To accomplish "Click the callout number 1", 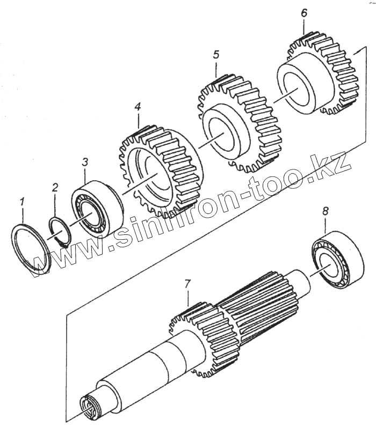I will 22,202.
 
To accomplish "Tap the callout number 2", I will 55,187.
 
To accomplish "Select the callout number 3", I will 84,161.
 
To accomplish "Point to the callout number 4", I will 138,107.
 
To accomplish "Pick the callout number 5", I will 216,55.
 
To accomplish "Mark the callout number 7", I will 187,283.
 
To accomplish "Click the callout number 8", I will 325,211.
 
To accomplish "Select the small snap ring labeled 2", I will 60,231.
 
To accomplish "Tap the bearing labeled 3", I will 97,209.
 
